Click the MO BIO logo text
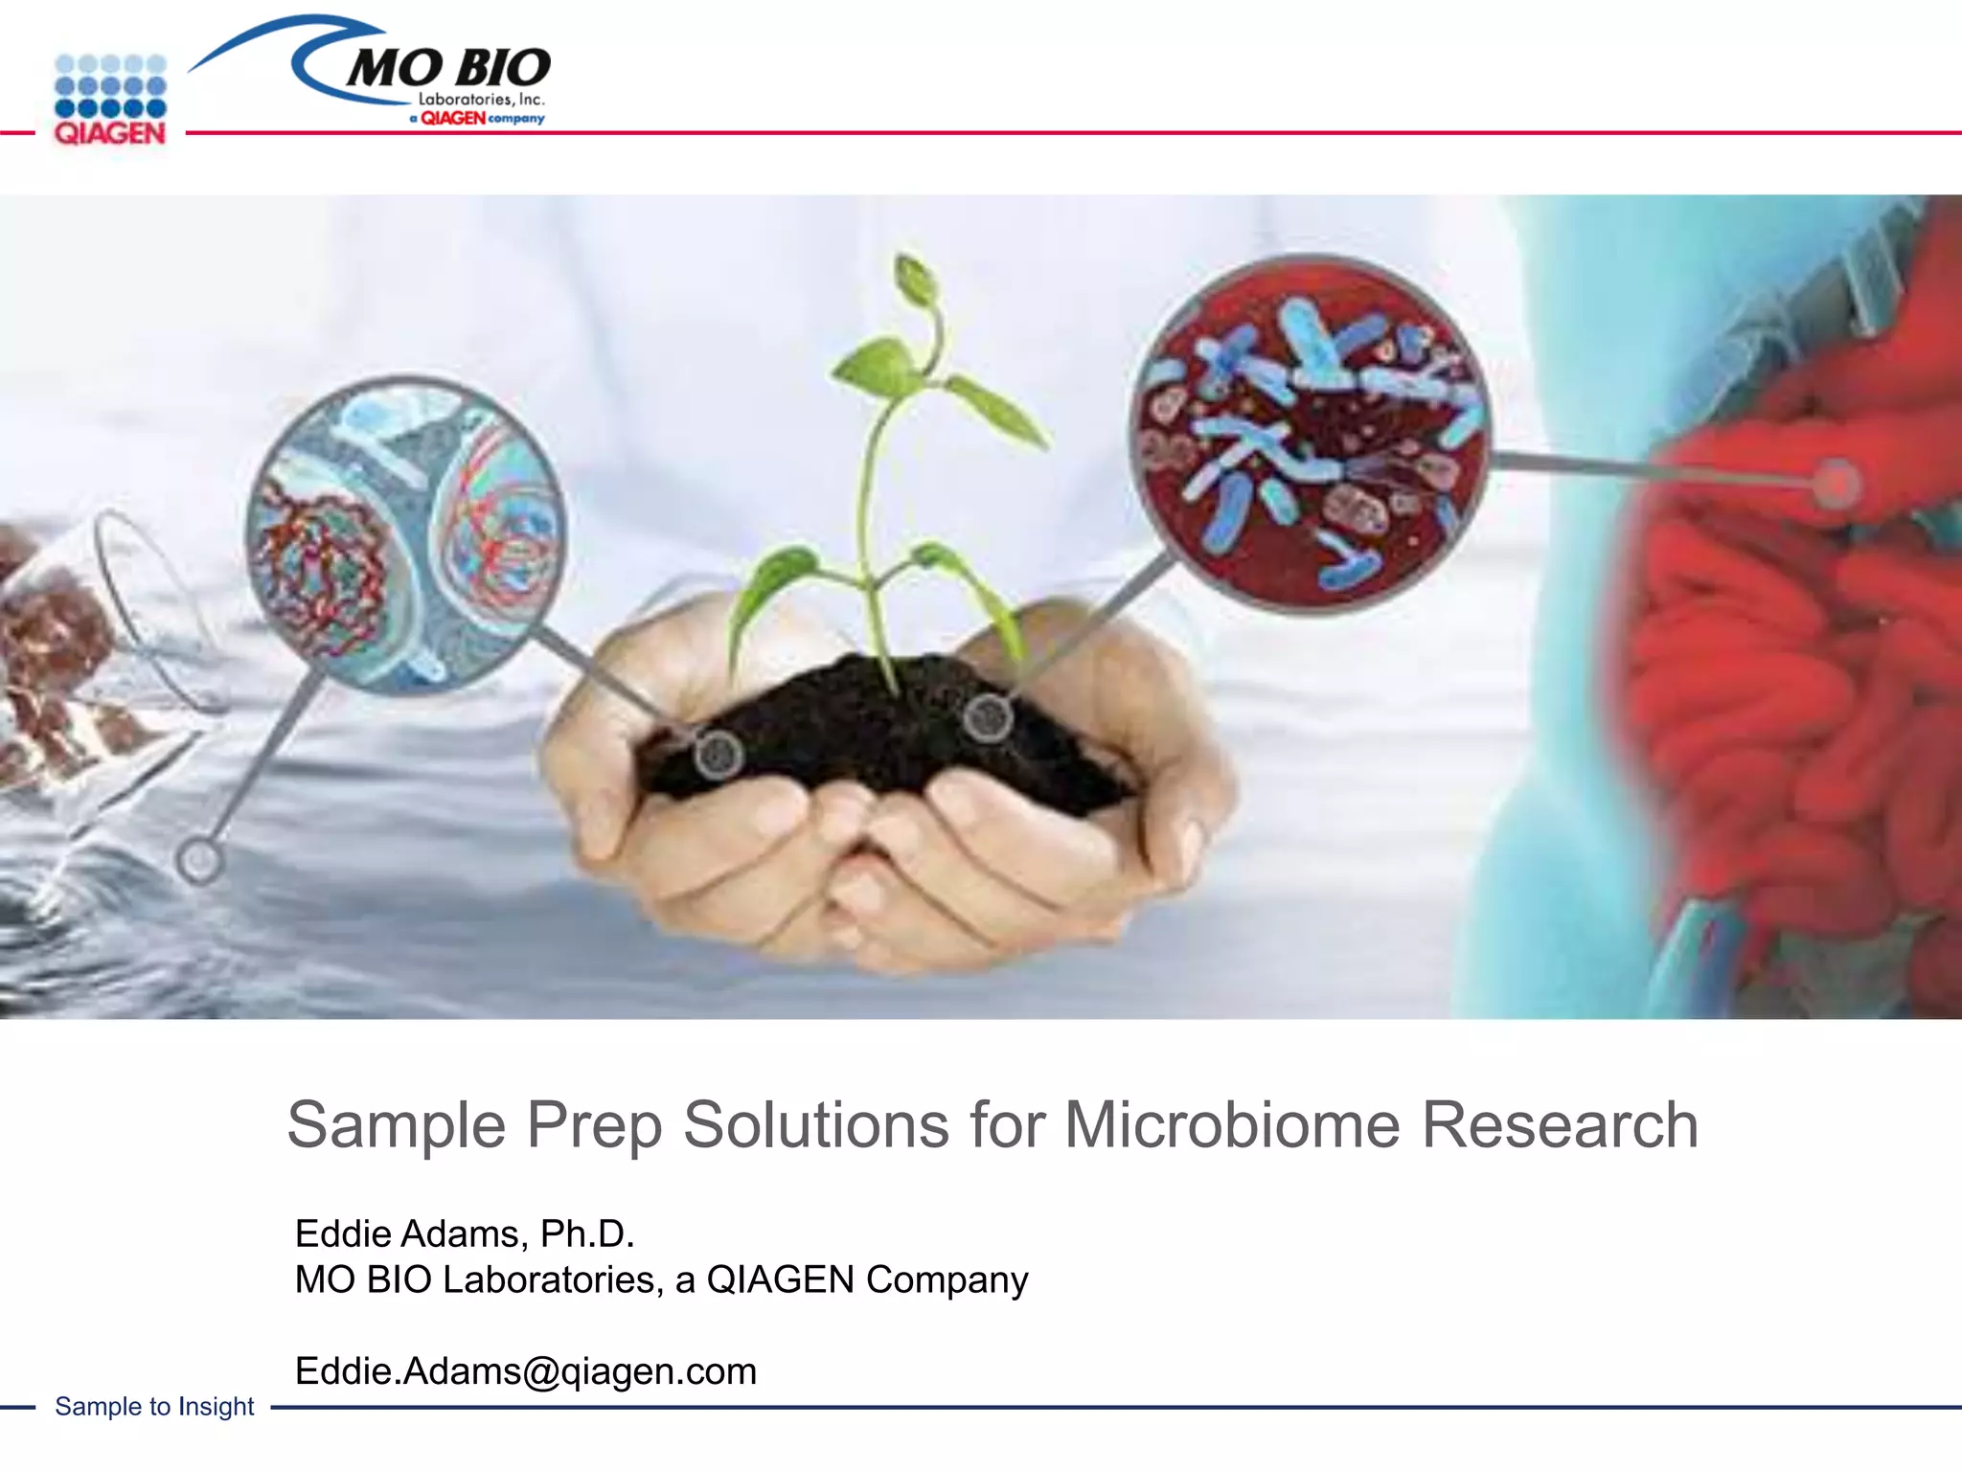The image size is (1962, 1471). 448,67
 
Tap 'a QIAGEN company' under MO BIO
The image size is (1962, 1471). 476,119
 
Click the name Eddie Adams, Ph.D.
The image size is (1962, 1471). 465,1233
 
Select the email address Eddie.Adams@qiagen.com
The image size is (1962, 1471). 525,1371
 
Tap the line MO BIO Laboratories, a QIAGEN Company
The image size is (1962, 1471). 661,1279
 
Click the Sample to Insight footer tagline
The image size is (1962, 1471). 154,1406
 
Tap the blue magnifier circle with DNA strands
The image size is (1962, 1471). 405,532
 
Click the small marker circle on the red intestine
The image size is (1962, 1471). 1836,483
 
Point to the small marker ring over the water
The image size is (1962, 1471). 200,860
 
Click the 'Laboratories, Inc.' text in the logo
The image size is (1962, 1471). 481,100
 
